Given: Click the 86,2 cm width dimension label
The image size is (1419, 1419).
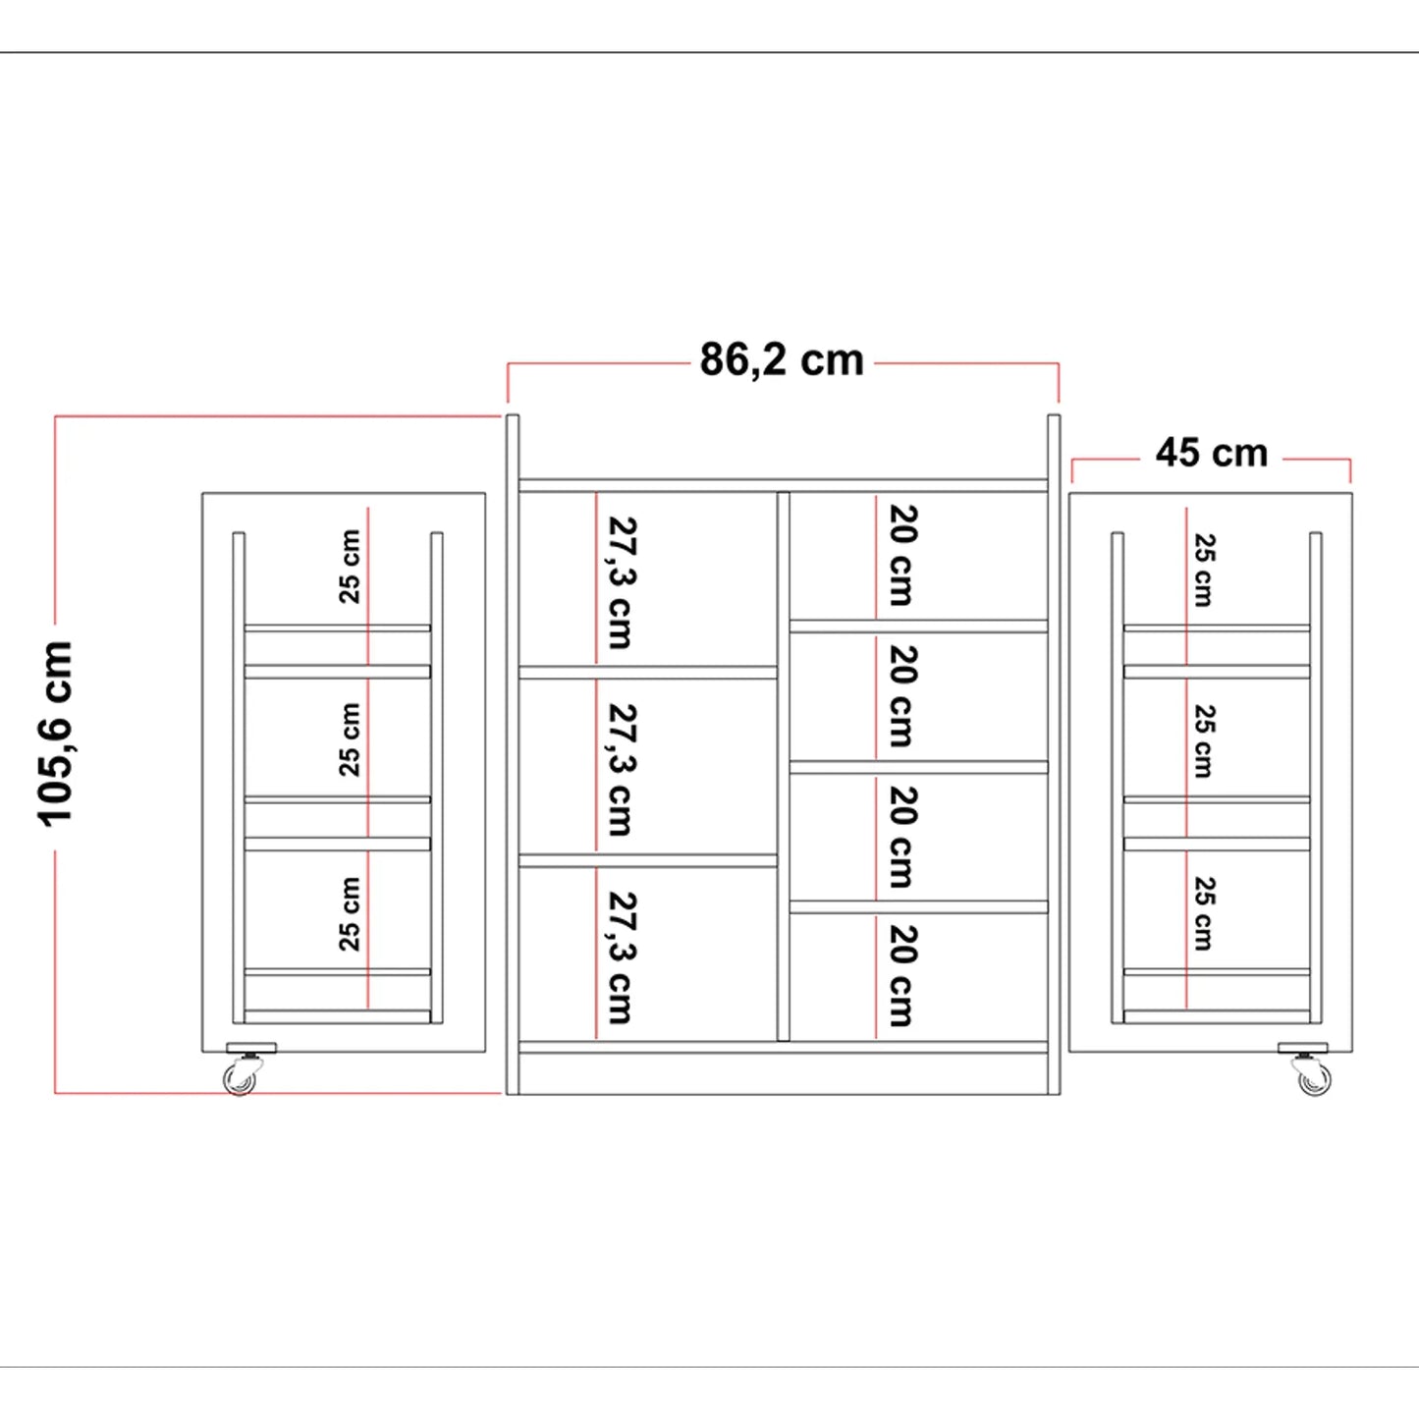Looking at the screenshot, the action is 782,360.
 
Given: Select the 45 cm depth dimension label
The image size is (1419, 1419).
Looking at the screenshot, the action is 1212,453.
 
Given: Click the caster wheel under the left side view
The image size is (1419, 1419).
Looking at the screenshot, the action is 240,1080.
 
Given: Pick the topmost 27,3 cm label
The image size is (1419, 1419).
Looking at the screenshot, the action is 621,582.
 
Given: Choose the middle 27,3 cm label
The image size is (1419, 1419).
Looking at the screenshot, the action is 621,770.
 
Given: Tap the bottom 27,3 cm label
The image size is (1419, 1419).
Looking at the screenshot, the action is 621,958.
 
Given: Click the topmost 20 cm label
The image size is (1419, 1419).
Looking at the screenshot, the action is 901,555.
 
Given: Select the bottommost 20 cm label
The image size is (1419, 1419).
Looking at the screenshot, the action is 901,976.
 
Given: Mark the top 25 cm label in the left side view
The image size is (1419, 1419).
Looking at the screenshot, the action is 350,567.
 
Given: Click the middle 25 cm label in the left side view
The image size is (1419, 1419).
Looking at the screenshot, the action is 350,739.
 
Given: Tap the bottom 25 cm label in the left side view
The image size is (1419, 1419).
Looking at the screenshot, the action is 350,914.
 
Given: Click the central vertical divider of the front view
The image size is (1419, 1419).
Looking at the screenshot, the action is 784,767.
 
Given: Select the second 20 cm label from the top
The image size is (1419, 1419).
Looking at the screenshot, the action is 901,696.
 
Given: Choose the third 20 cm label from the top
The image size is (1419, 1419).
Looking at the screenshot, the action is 901,838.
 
